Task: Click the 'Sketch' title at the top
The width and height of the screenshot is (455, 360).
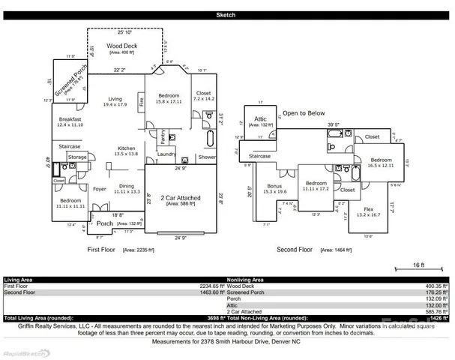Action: [x=227, y=15]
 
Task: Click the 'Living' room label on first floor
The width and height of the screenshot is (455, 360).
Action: [x=115, y=99]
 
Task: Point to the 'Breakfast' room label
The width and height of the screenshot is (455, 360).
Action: [x=70, y=119]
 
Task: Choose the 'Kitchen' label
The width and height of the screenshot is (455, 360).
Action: [x=125, y=148]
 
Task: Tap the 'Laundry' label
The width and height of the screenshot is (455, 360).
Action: [x=167, y=155]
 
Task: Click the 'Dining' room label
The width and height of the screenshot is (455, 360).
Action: [x=127, y=186]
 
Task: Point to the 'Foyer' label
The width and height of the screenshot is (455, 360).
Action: [x=100, y=189]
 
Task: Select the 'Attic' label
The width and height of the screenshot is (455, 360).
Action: [x=261, y=118]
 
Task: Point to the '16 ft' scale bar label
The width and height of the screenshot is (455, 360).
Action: [x=419, y=265]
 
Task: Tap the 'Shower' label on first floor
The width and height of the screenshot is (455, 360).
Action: [x=207, y=157]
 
